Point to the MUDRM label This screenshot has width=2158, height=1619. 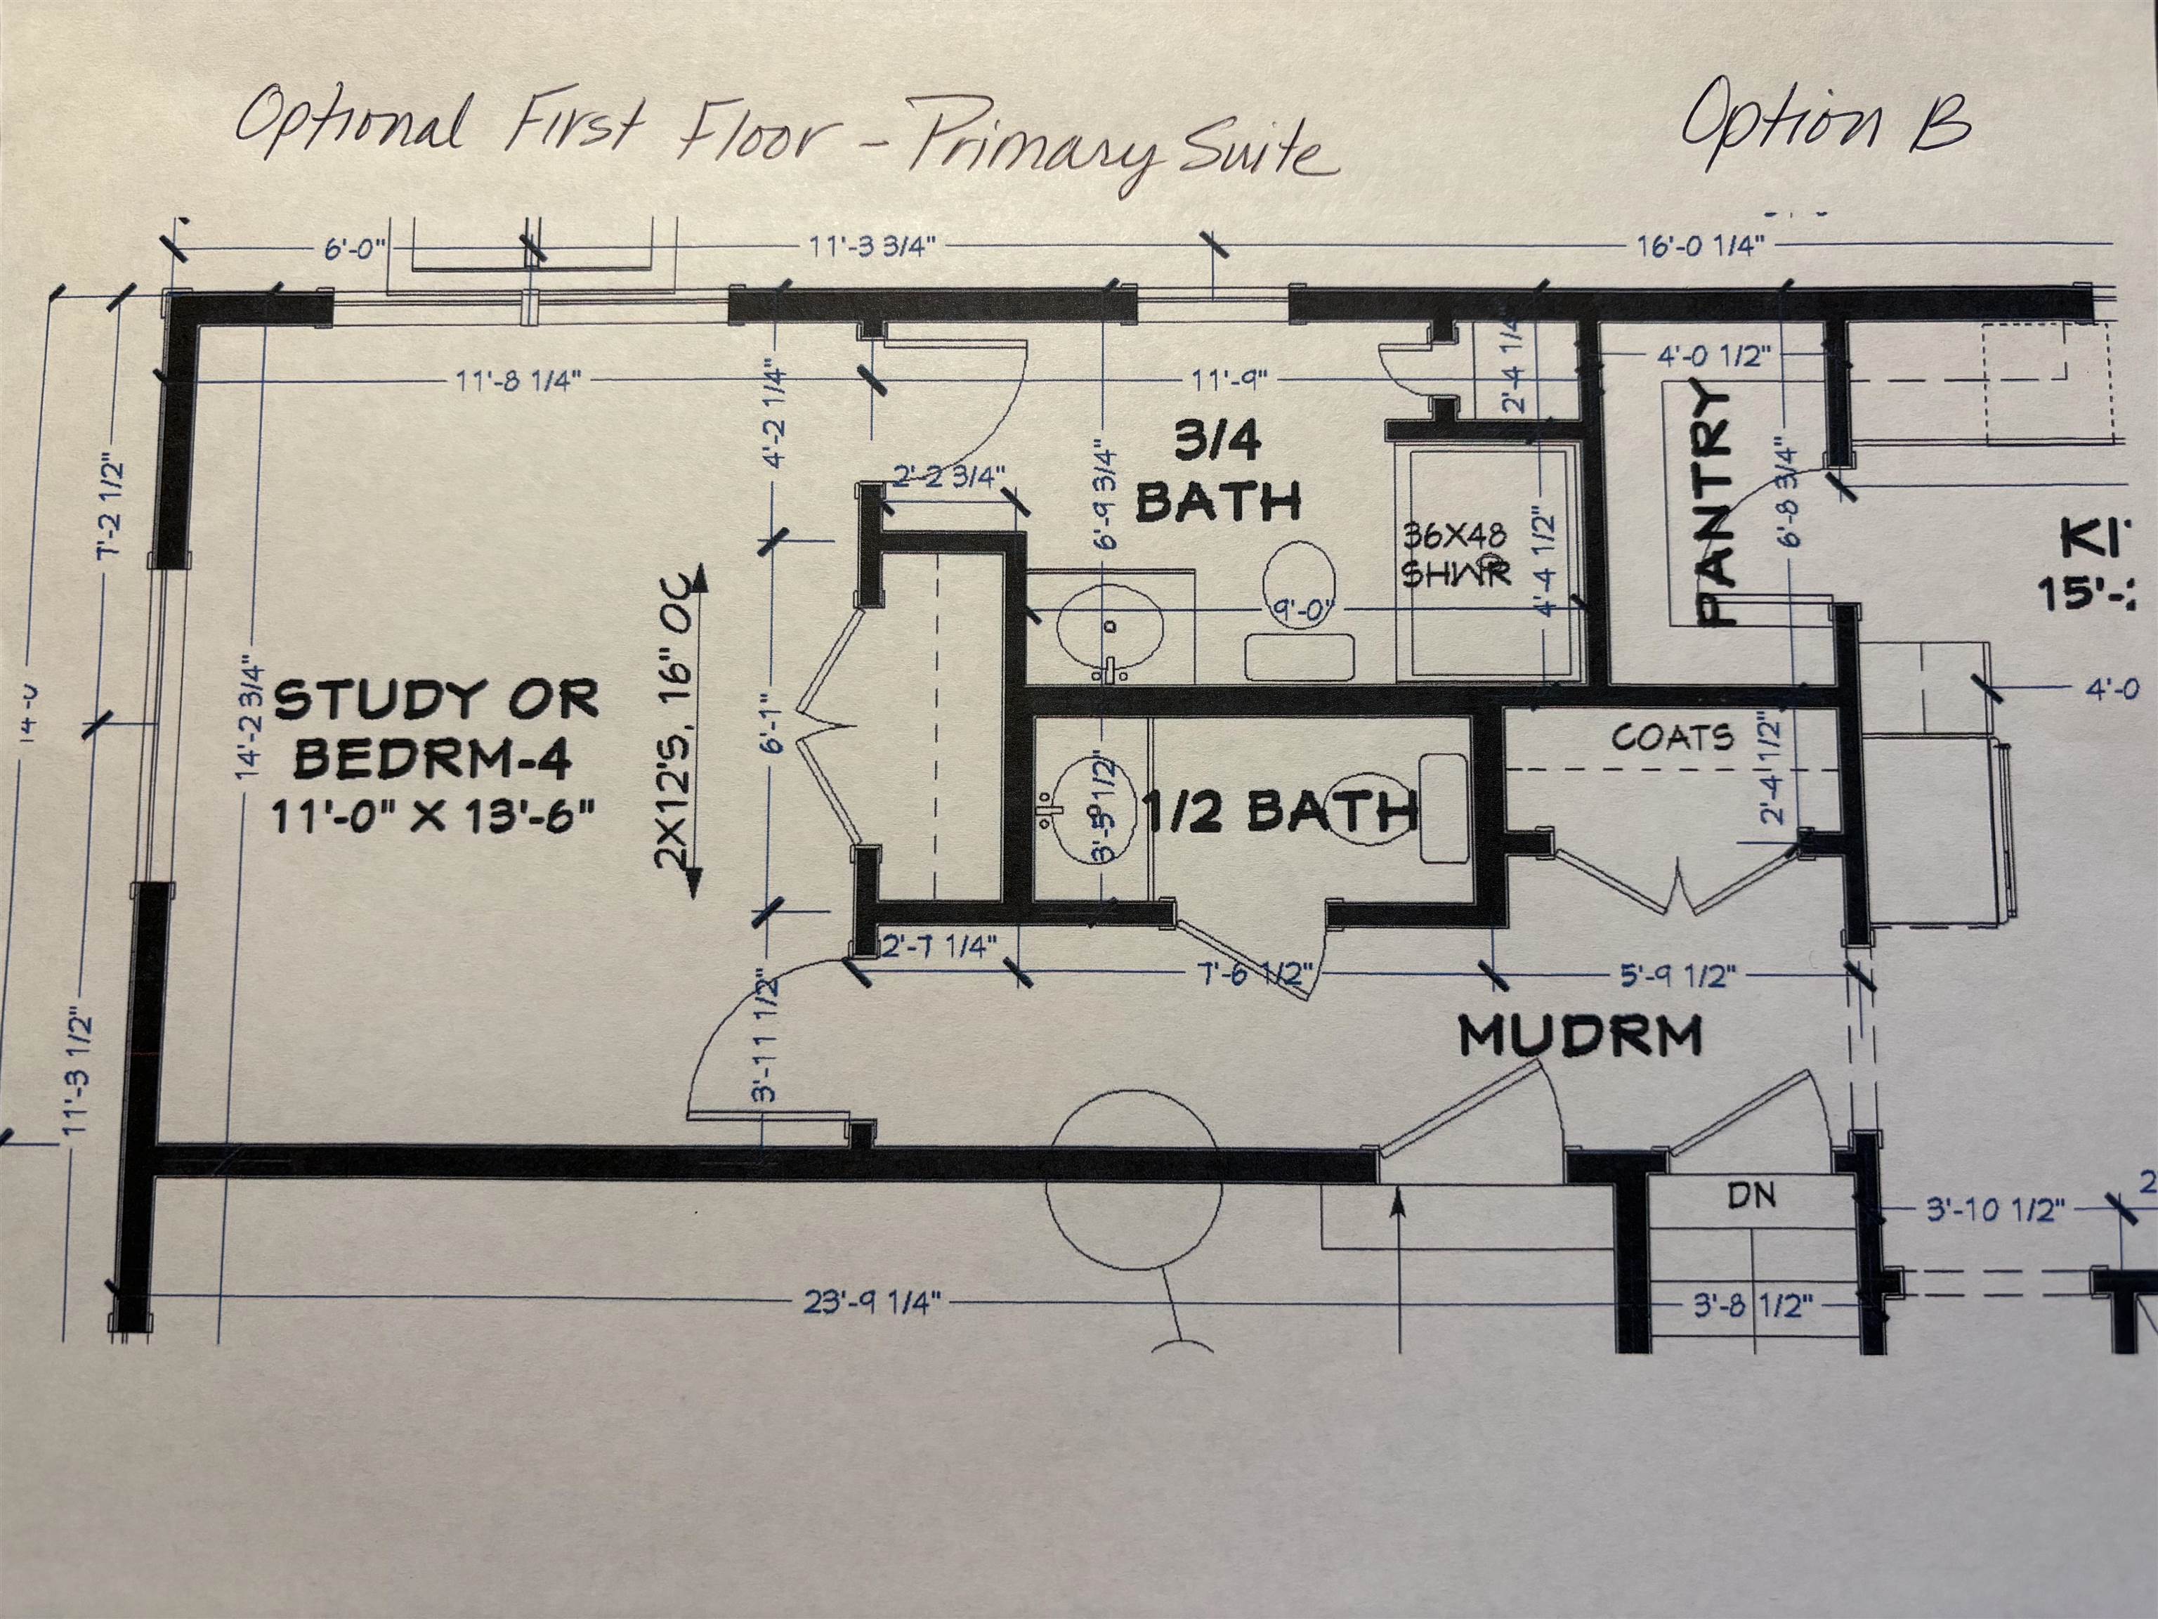pos(1581,1036)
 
